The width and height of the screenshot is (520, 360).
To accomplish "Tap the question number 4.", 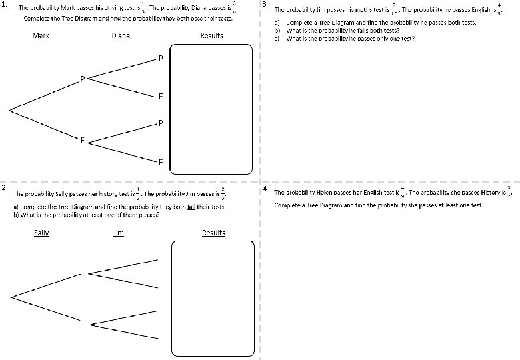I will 266,189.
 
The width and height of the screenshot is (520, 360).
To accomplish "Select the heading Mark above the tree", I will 41,35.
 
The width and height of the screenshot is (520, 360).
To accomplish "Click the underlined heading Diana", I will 121,35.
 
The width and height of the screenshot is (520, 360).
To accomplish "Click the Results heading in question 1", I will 211,35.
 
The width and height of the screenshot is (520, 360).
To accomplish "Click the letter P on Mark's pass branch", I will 82,79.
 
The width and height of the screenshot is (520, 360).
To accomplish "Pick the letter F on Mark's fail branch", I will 82,141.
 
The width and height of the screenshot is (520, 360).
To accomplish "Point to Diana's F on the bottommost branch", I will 161,162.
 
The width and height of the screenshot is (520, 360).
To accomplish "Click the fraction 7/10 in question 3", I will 395,10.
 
